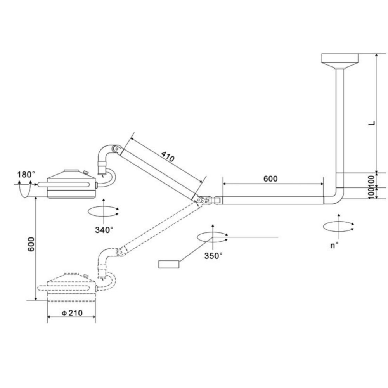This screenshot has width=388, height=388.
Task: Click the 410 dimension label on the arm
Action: click(168, 156)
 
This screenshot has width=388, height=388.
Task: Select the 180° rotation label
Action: click(26, 175)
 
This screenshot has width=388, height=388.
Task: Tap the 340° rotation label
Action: click(104, 230)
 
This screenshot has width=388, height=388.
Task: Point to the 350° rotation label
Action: click(213, 256)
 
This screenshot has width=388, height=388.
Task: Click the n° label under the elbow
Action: click(334, 245)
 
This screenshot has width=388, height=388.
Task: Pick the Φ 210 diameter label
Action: click(72, 313)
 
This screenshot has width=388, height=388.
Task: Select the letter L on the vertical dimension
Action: click(372, 123)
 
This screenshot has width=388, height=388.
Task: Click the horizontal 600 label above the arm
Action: click(270, 178)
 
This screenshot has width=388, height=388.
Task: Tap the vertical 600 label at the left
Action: click(31, 244)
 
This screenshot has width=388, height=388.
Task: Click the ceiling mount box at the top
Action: click(340, 58)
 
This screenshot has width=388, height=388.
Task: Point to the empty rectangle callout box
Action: click(169, 264)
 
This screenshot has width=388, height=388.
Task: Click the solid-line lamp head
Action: click(71, 184)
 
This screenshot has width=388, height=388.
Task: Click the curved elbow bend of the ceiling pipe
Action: click(335, 197)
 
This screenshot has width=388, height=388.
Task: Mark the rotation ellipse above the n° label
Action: click(338, 226)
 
